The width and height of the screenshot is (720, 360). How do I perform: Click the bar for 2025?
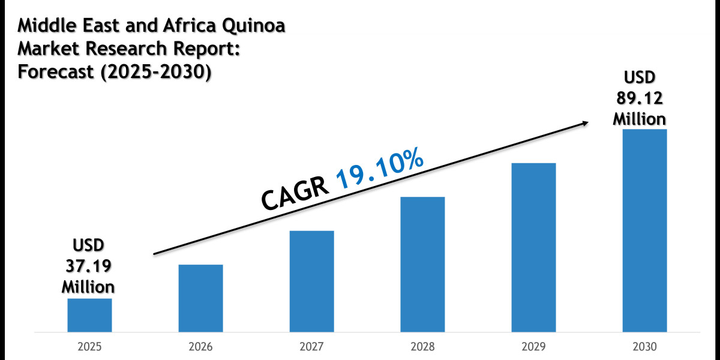89,315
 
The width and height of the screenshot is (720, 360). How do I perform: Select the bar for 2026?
200,298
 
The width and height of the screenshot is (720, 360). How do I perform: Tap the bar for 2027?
311,281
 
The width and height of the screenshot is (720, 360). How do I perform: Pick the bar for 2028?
422,264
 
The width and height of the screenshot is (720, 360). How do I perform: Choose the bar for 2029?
533,247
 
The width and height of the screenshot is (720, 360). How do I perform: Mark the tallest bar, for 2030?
644,230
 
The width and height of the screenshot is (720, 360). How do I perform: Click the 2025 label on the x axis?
89,347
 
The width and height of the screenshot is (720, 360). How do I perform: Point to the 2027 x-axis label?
311,347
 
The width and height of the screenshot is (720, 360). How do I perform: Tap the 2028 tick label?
422,347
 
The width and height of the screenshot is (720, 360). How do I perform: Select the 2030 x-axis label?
644,347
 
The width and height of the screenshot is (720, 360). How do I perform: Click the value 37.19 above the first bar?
89,266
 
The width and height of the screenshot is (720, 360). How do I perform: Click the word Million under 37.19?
89,286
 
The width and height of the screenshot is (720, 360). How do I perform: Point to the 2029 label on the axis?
533,347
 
